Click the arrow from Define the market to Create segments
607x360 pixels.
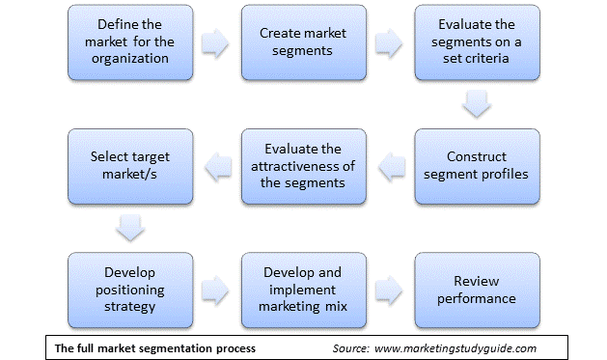(214, 42)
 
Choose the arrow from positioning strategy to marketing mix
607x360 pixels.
(215, 287)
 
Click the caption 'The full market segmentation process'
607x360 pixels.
(154, 347)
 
